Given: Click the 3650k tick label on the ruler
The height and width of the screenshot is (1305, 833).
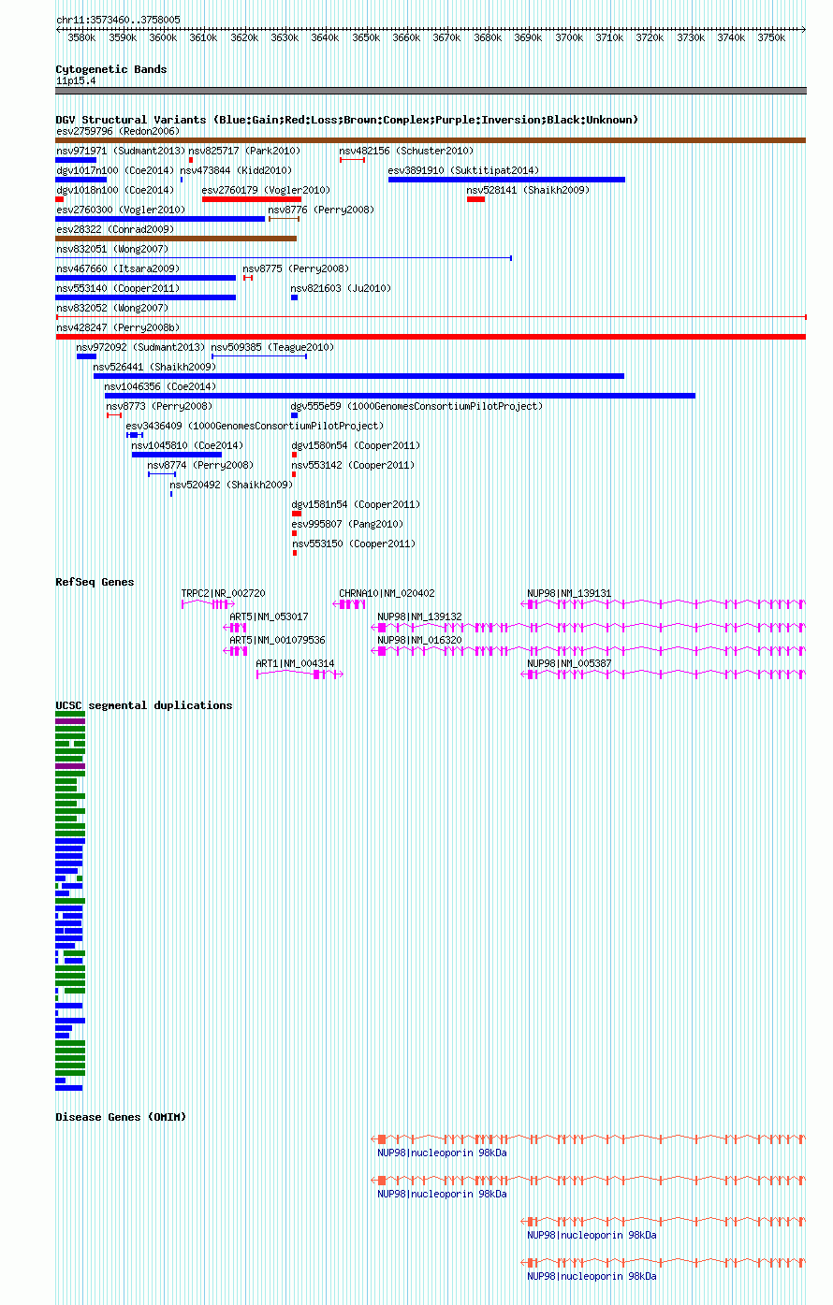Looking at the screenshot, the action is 366,37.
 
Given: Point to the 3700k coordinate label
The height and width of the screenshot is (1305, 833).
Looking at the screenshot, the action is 568,37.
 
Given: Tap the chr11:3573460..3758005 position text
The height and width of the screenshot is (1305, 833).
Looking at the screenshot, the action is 118,20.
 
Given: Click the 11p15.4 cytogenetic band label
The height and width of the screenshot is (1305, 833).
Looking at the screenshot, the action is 76,81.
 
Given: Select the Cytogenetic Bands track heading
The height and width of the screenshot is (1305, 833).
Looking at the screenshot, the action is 110,69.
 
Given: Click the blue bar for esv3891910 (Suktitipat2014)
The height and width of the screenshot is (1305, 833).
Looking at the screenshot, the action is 506,180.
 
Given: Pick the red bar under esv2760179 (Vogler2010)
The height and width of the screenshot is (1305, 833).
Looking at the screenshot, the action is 251,199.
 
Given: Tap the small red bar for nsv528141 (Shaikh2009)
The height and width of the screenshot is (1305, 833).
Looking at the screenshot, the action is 475,199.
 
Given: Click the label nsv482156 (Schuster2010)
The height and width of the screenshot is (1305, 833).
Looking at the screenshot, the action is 406,151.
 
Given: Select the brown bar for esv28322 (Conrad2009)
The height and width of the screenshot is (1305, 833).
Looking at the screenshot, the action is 176,239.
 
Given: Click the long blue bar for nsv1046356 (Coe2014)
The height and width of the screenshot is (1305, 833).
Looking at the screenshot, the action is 400,396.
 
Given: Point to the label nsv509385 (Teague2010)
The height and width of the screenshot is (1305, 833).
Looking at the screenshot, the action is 272,347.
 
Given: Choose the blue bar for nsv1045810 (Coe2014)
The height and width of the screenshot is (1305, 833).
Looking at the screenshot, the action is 177,455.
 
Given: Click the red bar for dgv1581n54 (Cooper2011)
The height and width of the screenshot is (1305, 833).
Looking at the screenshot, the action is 296,514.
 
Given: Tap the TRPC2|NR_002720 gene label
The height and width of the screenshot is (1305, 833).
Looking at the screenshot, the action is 223,593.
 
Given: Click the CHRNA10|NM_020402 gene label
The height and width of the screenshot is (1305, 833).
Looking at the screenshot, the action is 387,593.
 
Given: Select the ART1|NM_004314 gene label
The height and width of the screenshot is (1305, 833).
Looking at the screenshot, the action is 295,663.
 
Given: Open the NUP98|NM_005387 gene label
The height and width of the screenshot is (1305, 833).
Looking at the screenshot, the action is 569,663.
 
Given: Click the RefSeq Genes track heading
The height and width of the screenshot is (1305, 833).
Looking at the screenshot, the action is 95,582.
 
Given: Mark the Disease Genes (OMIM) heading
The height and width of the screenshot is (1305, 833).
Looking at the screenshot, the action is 121,1117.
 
